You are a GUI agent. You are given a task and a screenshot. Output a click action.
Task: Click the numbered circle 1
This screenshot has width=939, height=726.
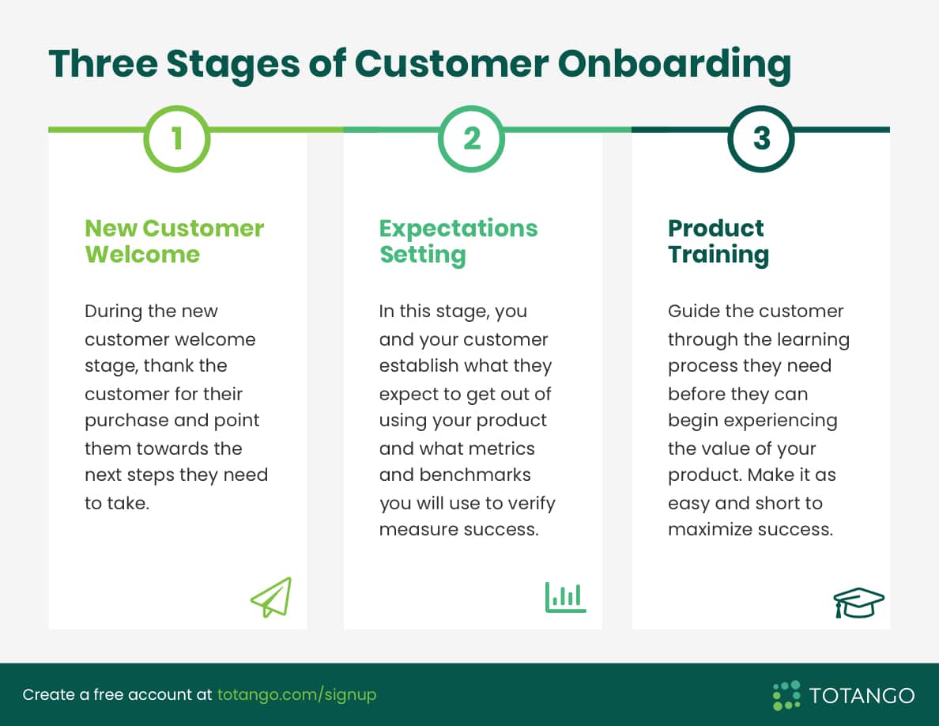[x=177, y=139]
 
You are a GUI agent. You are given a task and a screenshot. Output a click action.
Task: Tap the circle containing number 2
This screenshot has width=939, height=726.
[x=471, y=139]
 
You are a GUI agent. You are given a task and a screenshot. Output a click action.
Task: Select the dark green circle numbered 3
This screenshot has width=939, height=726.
[x=760, y=139]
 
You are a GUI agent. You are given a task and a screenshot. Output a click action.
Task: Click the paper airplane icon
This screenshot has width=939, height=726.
[x=271, y=597]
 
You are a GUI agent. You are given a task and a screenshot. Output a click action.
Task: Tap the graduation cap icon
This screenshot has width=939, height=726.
[x=858, y=603]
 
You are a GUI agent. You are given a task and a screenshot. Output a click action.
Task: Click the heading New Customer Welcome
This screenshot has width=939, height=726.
[x=174, y=240]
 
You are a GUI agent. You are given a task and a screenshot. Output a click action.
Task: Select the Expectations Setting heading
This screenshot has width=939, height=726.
[x=458, y=240]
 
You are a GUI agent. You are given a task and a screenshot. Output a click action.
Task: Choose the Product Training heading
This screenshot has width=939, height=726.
[x=718, y=240]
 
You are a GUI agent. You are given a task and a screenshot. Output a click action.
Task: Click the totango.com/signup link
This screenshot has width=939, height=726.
[x=296, y=694]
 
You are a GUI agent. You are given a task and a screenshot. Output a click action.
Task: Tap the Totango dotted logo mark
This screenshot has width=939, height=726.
[x=786, y=694]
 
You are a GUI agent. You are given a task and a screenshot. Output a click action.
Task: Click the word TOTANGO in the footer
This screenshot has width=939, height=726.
[x=862, y=695]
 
